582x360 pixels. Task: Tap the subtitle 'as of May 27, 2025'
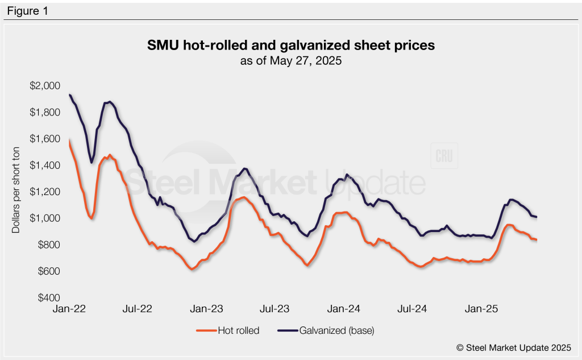pyautogui.click(x=291, y=61)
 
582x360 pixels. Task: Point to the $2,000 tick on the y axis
pyautogui.click(x=44, y=86)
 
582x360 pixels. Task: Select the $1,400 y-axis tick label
pyautogui.click(x=44, y=165)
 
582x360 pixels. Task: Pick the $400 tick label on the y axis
pyautogui.click(x=46, y=298)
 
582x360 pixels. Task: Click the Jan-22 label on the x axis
pyautogui.click(x=69, y=309)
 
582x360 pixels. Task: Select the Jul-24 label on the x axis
pyautogui.click(x=413, y=309)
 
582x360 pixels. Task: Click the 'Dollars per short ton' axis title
pyautogui.click(x=16, y=192)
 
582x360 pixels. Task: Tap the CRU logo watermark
pyautogui.click(x=445, y=158)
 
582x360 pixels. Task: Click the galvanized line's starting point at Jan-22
pyautogui.click(x=69, y=95)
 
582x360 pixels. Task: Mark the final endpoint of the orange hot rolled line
pyautogui.click(x=537, y=240)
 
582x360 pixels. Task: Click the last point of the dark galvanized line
pyautogui.click(x=537, y=217)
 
